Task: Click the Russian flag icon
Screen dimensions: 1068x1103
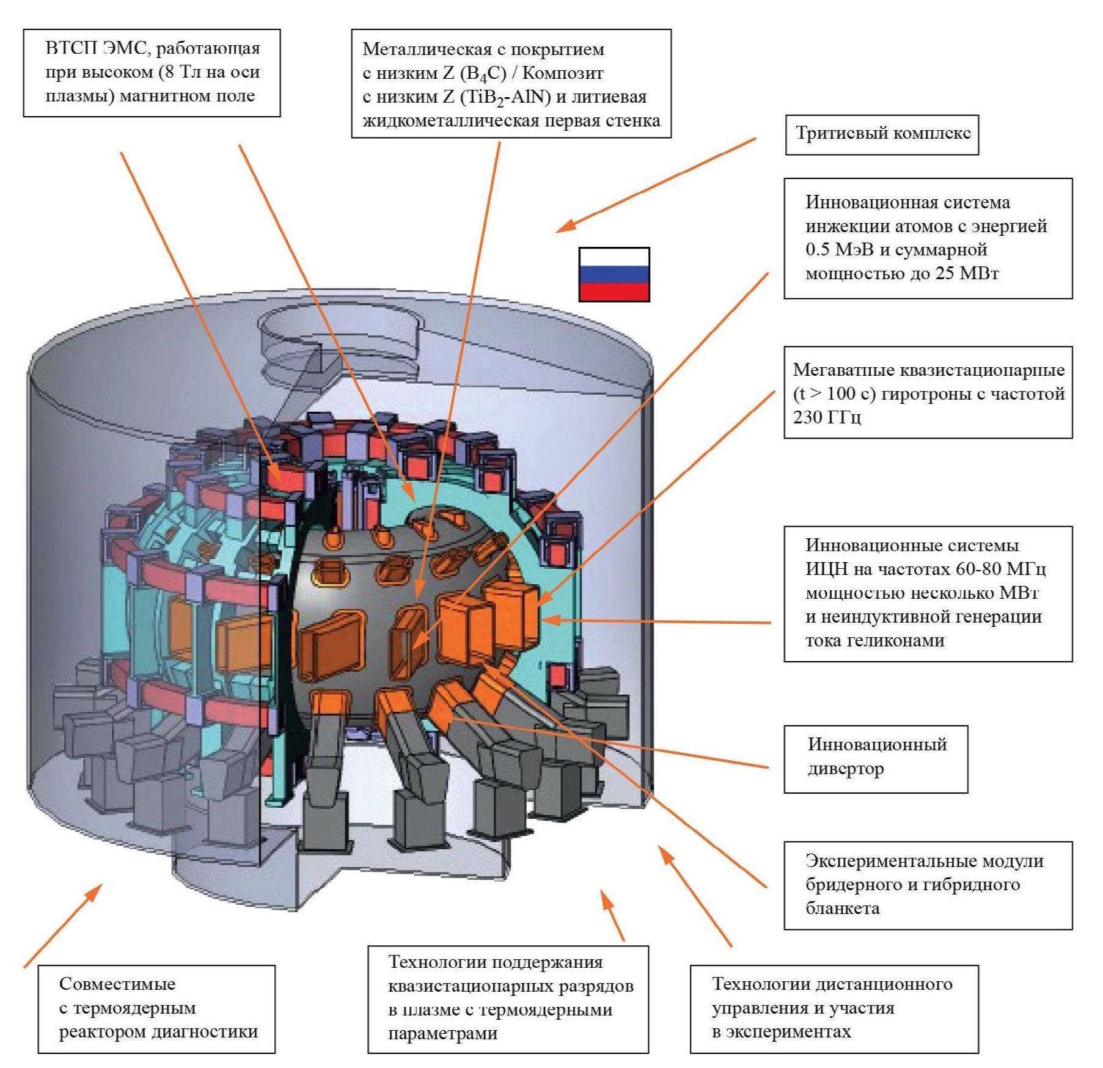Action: coord(614,274)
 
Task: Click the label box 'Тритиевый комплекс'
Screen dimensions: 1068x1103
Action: coord(882,134)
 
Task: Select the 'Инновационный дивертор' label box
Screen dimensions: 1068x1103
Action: coord(876,758)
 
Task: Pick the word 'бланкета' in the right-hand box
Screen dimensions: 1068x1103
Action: coord(843,909)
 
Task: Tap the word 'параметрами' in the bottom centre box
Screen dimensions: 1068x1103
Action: coord(442,1033)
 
